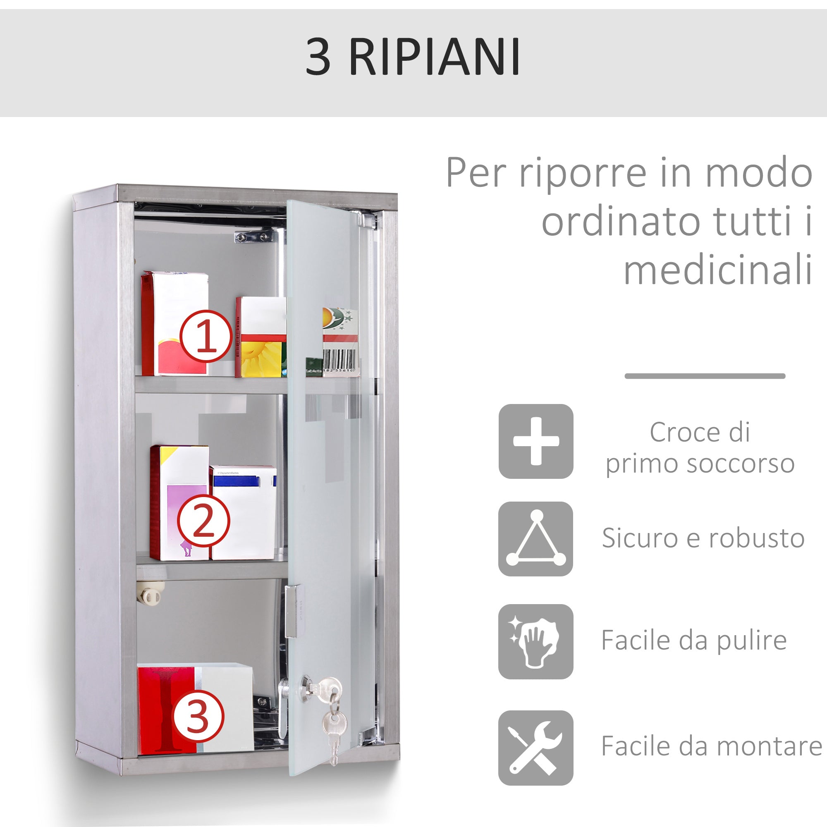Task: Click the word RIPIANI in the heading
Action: click(x=435, y=57)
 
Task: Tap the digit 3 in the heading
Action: click(x=318, y=57)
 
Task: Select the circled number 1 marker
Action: click(x=206, y=337)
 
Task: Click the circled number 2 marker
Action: click(x=204, y=521)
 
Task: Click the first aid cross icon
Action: click(x=535, y=441)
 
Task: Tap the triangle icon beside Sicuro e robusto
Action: click(x=535, y=539)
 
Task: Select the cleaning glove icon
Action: click(x=535, y=642)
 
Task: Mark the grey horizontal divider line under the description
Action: click(x=705, y=376)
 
